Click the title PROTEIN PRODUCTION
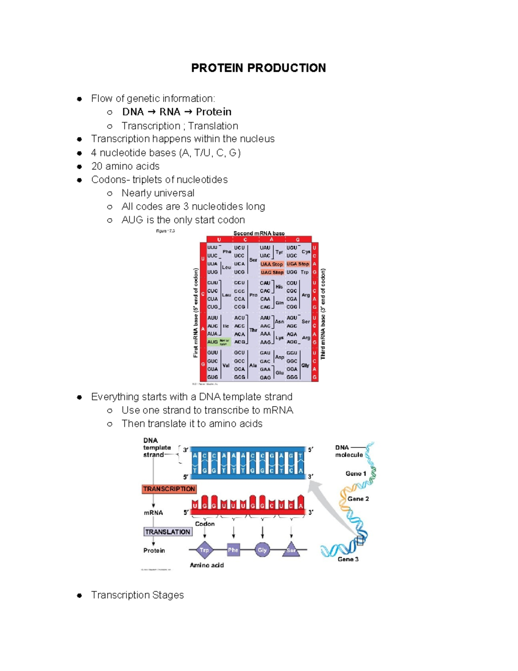pos(258,68)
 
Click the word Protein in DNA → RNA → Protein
pos(213,112)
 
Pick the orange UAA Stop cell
pos(272,264)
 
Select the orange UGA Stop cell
pos(298,264)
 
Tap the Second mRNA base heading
pos(259,233)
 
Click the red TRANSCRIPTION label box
pos(169,489)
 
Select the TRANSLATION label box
pos(167,532)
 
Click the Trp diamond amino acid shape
pos(204,550)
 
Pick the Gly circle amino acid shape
pos(262,550)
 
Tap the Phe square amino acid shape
pos(233,550)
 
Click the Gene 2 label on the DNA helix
pos(358,499)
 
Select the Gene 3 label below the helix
pos(348,559)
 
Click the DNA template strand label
pos(157,448)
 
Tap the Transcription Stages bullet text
pos(137,595)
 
